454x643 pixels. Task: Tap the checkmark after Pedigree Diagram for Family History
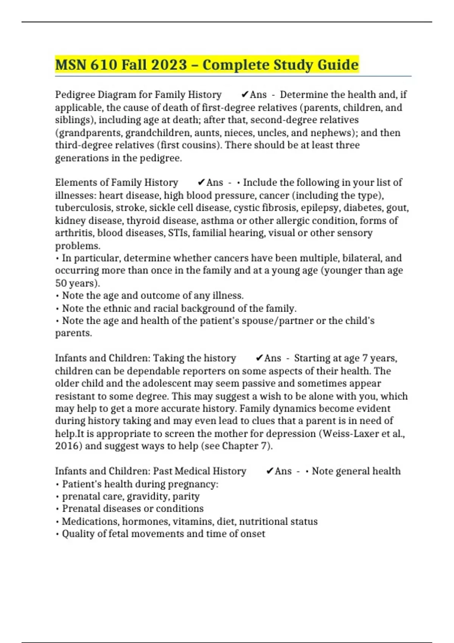pyautogui.click(x=245, y=95)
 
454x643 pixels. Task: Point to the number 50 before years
pyautogui.click(x=61, y=283)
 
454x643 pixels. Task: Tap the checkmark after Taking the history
pyautogui.click(x=259, y=358)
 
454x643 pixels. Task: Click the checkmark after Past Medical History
pyautogui.click(x=270, y=471)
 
